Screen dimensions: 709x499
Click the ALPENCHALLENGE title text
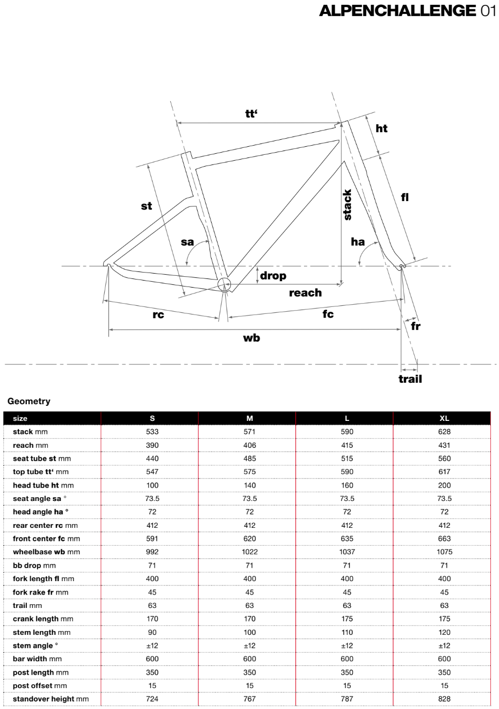397,11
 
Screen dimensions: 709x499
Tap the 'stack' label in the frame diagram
348,205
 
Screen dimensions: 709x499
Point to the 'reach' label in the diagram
305,293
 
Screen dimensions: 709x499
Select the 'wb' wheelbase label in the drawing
251,338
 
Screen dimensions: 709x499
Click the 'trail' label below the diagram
410,379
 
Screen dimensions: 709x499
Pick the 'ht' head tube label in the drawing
381,128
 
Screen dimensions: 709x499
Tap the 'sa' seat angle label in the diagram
187,242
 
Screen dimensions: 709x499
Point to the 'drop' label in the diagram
273,276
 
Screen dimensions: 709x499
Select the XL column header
444,418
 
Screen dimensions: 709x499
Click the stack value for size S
152,432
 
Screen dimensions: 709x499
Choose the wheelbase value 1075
444,552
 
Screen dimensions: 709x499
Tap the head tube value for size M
249,485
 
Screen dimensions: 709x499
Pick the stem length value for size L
347,632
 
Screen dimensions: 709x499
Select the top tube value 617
444,472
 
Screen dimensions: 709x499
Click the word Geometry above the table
29,401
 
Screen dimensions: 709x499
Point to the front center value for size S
152,539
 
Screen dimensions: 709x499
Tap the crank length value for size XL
444,619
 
